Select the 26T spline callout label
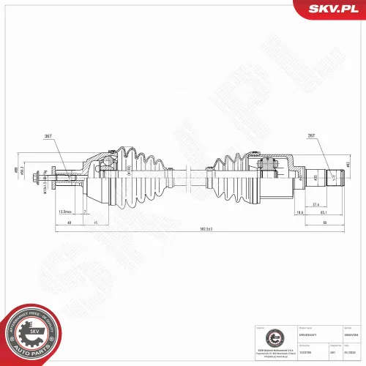[310, 137]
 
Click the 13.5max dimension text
[65, 212]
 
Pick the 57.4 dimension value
[315, 204]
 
